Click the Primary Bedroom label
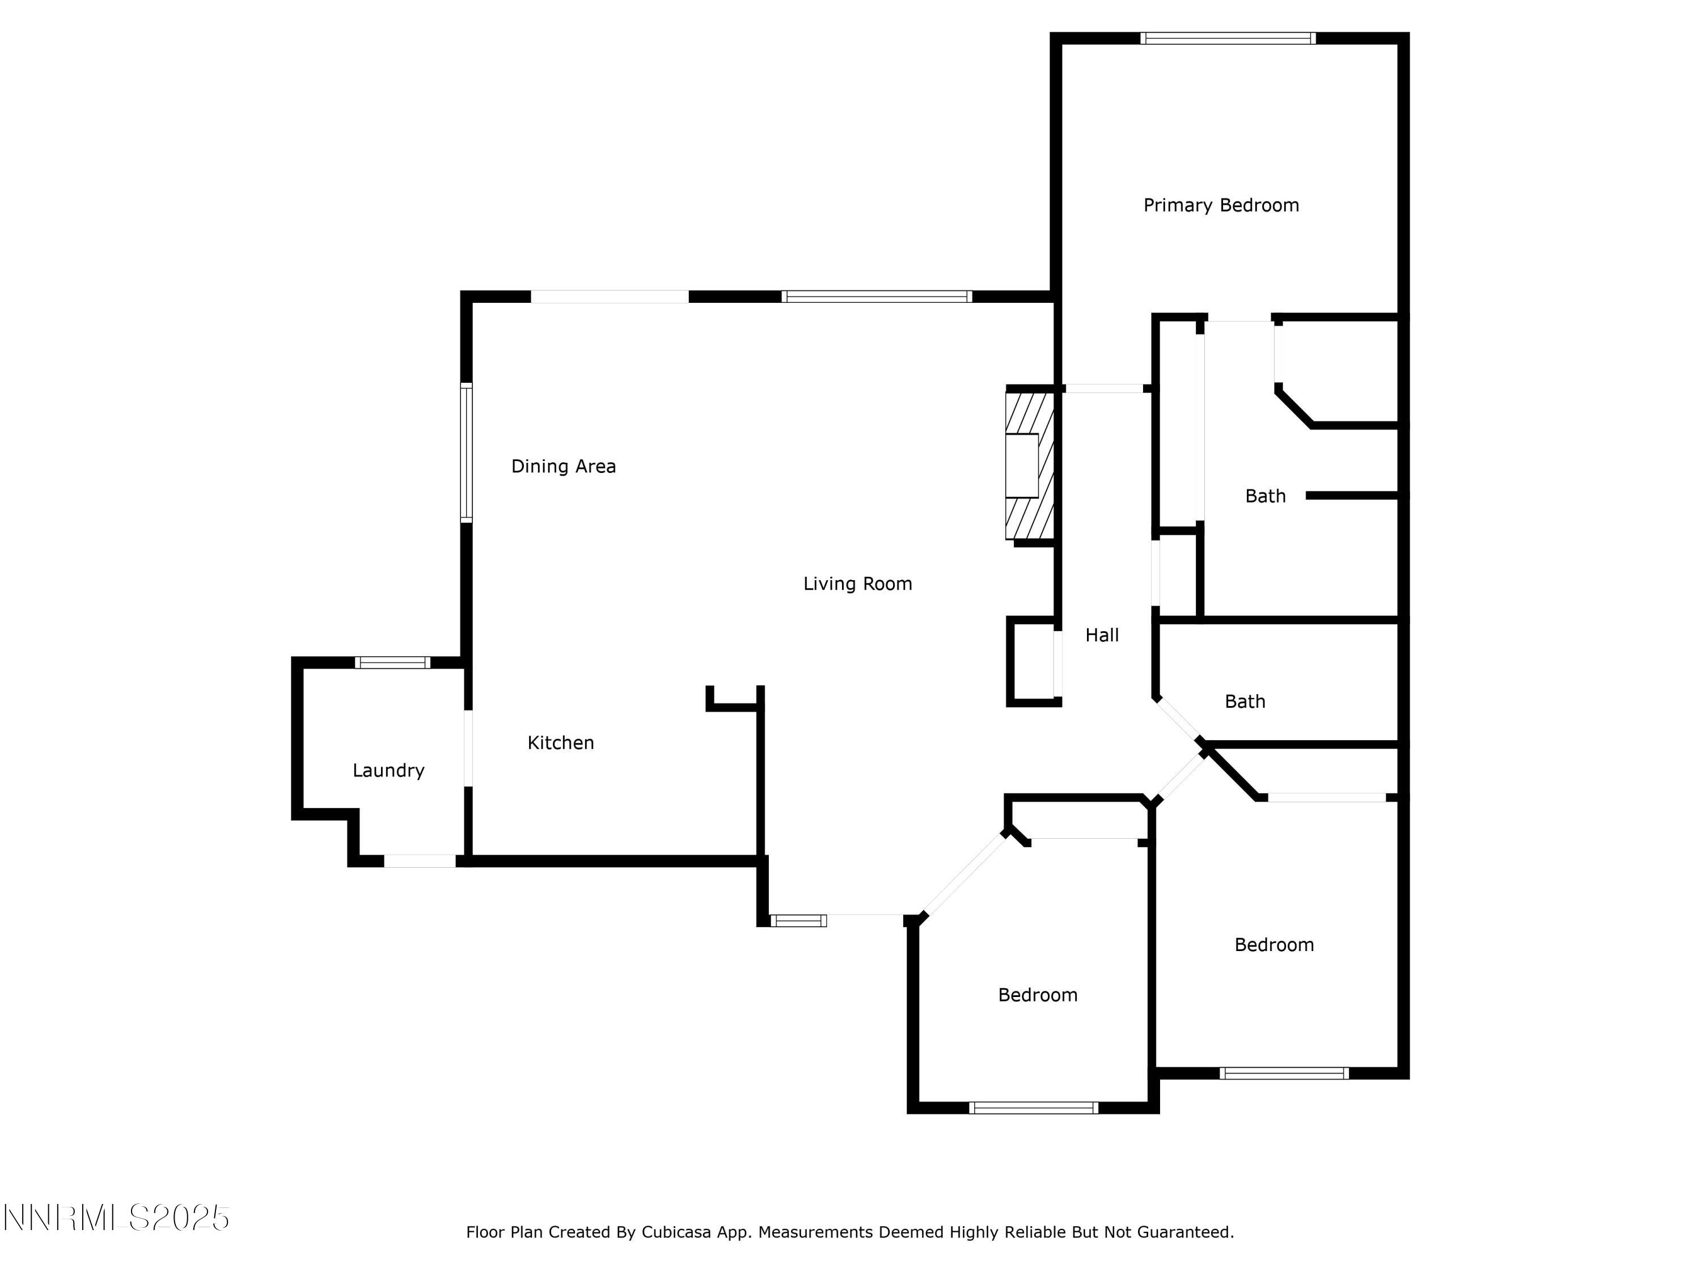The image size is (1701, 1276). click(x=1220, y=205)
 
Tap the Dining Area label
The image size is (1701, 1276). click(x=563, y=466)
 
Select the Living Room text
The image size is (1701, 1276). click(x=857, y=584)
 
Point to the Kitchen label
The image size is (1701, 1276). click(x=561, y=742)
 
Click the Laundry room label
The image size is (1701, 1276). click(x=388, y=770)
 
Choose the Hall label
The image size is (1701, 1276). click(x=1101, y=635)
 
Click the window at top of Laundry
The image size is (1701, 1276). click(x=392, y=662)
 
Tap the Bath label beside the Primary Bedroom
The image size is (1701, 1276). click(x=1265, y=496)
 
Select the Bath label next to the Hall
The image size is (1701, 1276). click(x=1244, y=702)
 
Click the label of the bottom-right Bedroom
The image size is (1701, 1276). click(x=1273, y=944)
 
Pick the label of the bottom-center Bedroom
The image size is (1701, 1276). click(x=1038, y=995)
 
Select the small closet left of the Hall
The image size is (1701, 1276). click(x=1033, y=661)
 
